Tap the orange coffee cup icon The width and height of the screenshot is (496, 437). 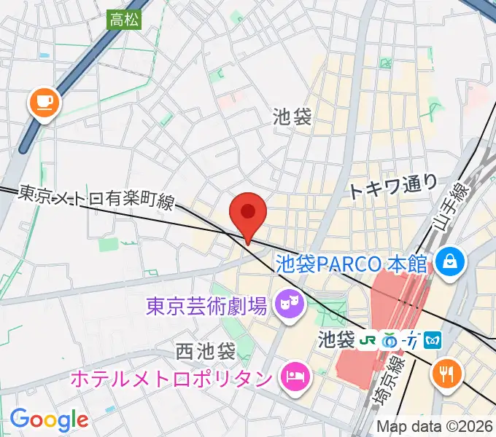tap(44, 103)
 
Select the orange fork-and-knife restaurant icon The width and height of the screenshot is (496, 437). tap(446, 374)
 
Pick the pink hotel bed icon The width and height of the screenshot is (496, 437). tap(296, 377)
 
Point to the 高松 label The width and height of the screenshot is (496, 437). tap(125, 20)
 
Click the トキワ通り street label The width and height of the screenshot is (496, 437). tap(392, 189)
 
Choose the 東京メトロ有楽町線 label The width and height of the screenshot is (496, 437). tap(96, 198)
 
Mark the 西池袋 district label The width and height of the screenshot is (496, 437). tap(206, 353)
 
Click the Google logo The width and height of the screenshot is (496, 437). tap(49, 420)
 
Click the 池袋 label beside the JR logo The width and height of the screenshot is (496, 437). tap(336, 339)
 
